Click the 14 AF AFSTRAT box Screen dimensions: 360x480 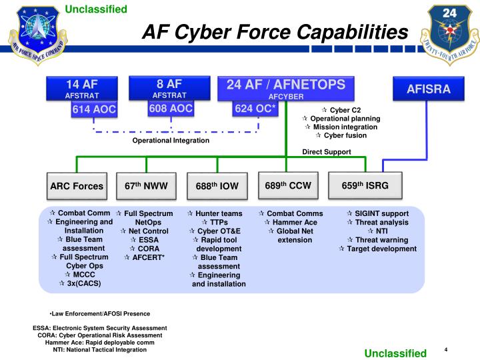click(x=81, y=89)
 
